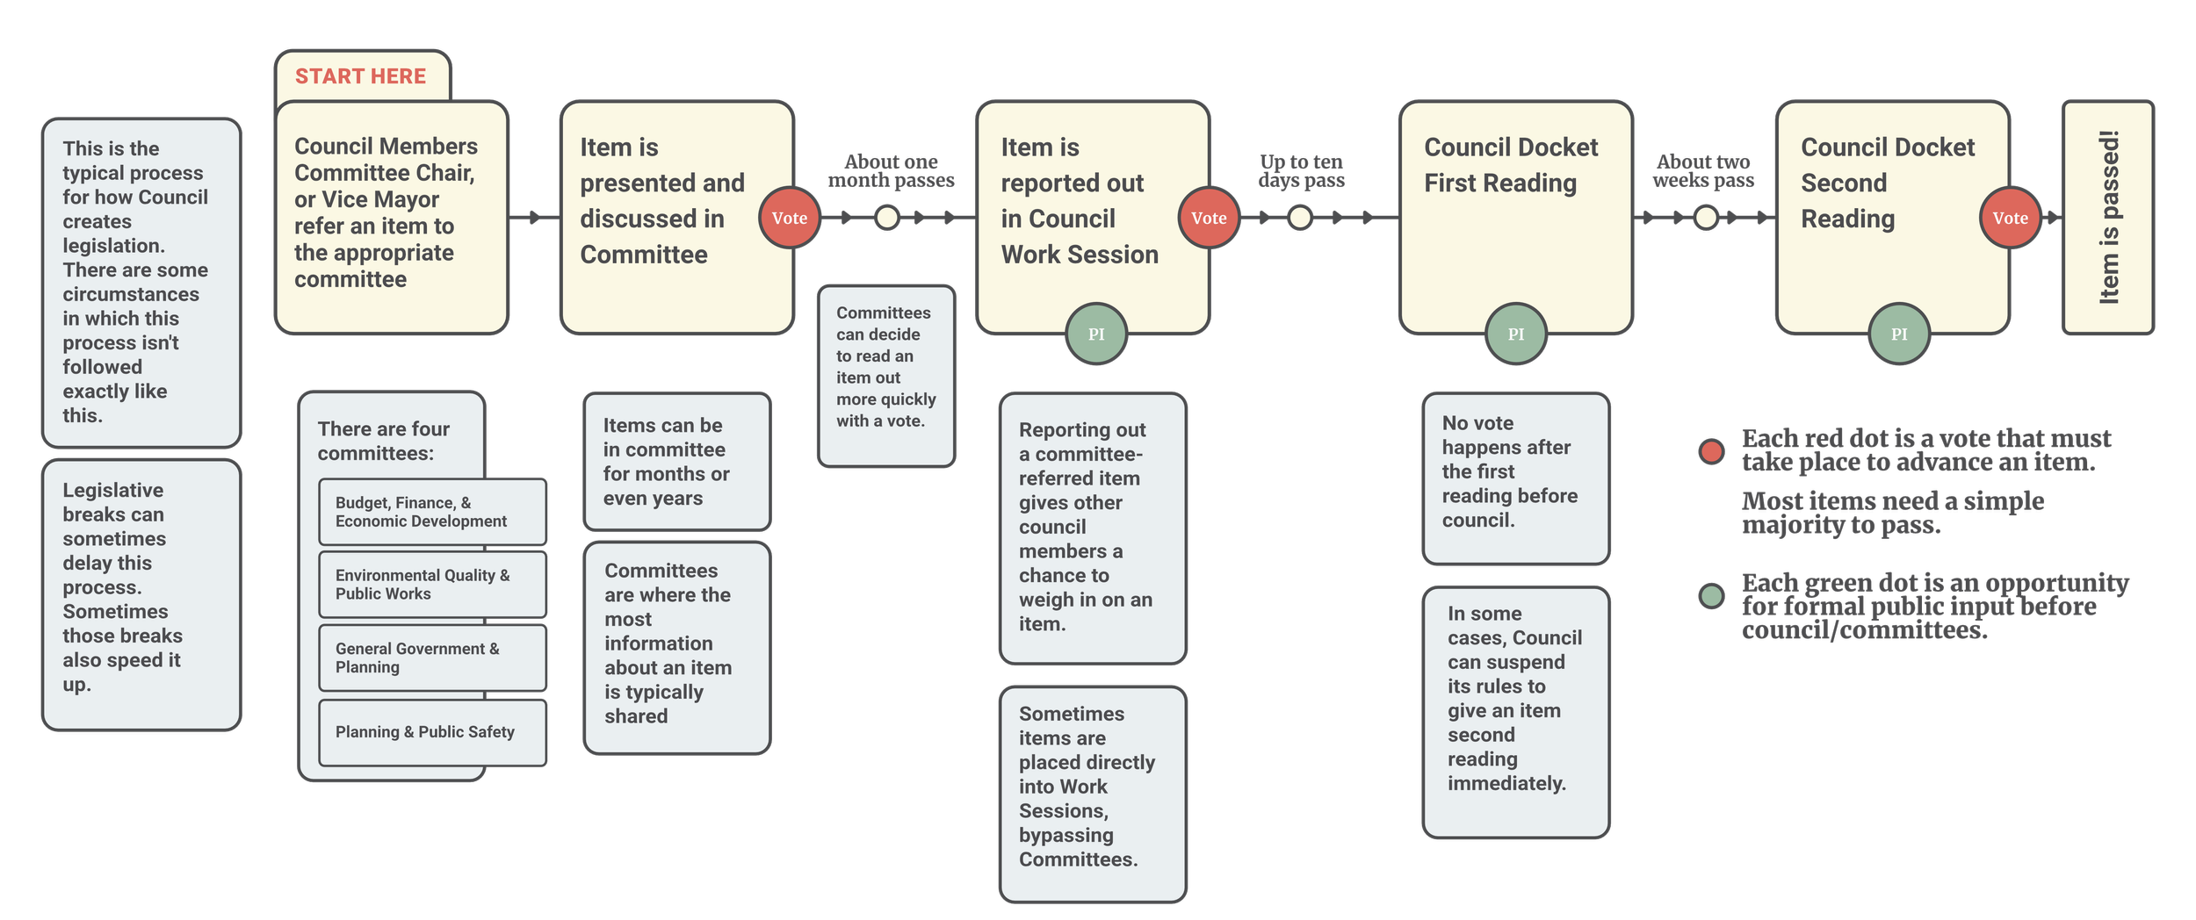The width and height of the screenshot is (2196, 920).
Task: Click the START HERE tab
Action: pyautogui.click(x=361, y=76)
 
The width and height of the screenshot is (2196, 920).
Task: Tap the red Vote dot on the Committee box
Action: pyautogui.click(x=789, y=218)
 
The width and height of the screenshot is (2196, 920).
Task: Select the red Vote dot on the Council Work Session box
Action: pyautogui.click(x=1209, y=218)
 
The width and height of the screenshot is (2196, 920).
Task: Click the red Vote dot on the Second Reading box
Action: pyautogui.click(x=2010, y=218)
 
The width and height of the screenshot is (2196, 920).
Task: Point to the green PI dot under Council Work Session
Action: pyautogui.click(x=1096, y=334)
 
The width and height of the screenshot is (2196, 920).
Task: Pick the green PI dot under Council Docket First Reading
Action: pyautogui.click(x=1516, y=334)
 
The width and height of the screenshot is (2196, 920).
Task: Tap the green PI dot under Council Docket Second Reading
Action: pyautogui.click(x=1899, y=334)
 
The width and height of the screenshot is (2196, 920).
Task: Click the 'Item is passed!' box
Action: pyautogui.click(x=2108, y=217)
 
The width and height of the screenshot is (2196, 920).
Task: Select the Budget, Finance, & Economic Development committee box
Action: pyautogui.click(x=432, y=512)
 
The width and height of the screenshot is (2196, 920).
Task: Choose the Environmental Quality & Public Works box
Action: pyautogui.click(x=432, y=585)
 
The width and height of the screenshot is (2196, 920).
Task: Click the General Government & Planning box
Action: pyautogui.click(x=432, y=658)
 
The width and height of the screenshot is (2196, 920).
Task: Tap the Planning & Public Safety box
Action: pyautogui.click(x=432, y=732)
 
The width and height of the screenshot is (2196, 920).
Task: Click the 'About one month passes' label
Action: pyautogui.click(x=891, y=171)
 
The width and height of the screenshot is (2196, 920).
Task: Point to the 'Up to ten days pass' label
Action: pyautogui.click(x=1301, y=171)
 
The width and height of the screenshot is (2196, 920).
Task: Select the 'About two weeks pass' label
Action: pyautogui.click(x=1703, y=171)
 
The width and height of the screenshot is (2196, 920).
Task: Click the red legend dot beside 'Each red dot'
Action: pyautogui.click(x=1711, y=451)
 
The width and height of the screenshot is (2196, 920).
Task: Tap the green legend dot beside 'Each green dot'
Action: pyautogui.click(x=1711, y=597)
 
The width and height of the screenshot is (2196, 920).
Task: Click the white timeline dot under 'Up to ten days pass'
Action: pyautogui.click(x=1300, y=217)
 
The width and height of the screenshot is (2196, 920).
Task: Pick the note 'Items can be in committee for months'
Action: pyautogui.click(x=677, y=462)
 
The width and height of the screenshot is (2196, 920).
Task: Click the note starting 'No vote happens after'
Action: pyautogui.click(x=1515, y=478)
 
